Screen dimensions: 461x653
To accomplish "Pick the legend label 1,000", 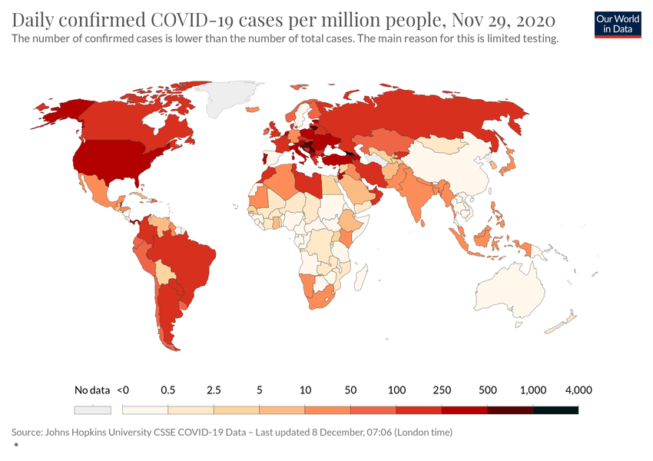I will coord(532,390).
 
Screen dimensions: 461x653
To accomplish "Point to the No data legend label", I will coord(92,390).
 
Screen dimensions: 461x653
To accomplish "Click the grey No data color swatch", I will coord(93,410).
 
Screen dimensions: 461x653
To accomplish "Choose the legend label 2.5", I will coord(214,390).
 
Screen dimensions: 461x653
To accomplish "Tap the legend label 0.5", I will coord(168,390).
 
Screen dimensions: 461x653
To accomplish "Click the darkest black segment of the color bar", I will coord(555,410).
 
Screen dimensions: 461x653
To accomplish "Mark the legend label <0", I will coord(123,390).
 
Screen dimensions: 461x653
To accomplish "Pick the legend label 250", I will coord(442,390).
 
